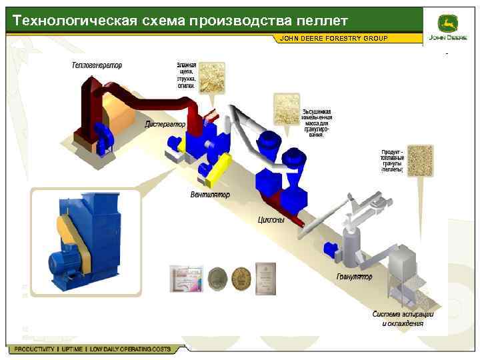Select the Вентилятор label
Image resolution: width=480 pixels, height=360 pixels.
coord(210,195)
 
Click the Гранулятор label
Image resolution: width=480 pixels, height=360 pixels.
coord(355,277)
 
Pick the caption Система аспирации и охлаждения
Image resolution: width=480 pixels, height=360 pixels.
coord(403,319)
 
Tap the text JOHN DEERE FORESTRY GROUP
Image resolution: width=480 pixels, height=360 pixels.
coord(333,39)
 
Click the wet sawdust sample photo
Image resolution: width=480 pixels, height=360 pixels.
coord(211,77)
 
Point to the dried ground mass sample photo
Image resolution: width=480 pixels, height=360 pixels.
coord(287,109)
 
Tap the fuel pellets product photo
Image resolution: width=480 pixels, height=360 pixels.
coord(420,161)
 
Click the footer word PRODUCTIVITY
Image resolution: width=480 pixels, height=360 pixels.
coord(35,349)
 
